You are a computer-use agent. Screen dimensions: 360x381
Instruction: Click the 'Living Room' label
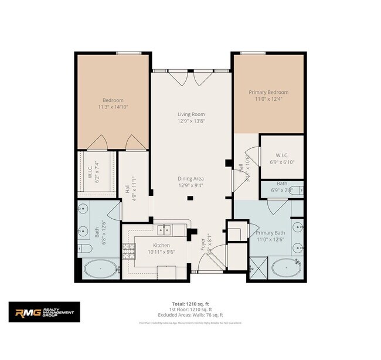click(191, 114)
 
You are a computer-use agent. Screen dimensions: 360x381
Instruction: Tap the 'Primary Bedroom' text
click(268, 92)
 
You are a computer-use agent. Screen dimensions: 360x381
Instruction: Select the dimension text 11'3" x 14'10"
click(112, 107)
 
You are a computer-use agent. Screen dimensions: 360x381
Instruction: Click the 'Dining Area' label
click(191, 178)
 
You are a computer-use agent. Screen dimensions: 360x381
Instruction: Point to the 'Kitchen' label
click(161, 245)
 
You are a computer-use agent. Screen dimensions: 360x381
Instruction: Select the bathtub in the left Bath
click(99, 269)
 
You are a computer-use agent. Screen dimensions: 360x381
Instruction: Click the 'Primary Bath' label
click(269, 233)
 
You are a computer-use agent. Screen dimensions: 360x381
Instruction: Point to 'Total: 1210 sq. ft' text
click(190, 304)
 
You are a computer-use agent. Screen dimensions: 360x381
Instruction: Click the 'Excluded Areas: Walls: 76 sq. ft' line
click(190, 314)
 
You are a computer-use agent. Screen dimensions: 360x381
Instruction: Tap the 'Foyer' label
click(203, 244)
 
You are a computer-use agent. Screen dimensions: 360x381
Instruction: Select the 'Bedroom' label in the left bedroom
click(112, 100)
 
